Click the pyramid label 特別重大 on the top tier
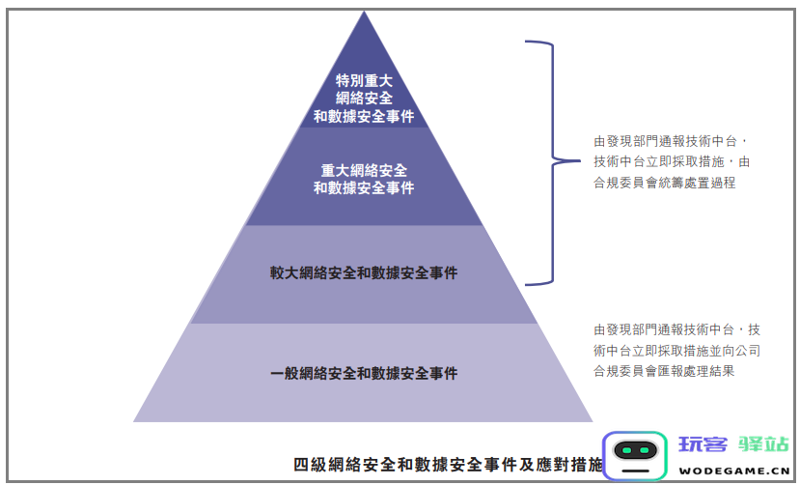pos(364,80)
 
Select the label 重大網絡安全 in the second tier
pos(364,170)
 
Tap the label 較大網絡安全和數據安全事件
pos(364,273)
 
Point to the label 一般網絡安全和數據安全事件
pos(364,374)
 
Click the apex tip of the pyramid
pos(364,12)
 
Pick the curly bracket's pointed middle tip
pos(580,160)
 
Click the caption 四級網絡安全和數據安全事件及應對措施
pos(448,465)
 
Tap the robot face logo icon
pos(635,455)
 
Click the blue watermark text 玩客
pos(703,444)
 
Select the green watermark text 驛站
pos(763,444)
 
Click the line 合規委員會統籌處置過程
pos(664,183)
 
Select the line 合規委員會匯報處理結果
pos(664,371)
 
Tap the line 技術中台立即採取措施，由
pos(672,162)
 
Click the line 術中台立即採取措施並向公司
pos(677,351)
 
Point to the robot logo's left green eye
pos(626,450)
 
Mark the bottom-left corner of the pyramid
pos(134,421)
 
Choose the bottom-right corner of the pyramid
pos(593,421)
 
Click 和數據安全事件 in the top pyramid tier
pos(364,116)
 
